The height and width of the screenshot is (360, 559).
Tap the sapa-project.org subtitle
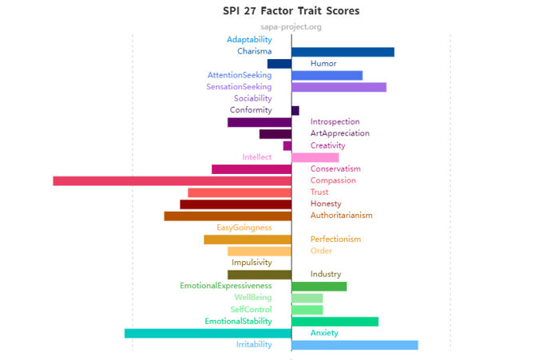click(x=291, y=27)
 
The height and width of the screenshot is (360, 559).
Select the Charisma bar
click(x=343, y=52)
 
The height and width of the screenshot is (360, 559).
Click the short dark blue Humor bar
click(x=279, y=64)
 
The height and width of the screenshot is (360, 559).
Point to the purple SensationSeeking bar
click(x=339, y=87)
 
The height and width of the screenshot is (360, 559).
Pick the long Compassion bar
click(x=172, y=180)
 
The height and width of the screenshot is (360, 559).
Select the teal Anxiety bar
click(x=208, y=333)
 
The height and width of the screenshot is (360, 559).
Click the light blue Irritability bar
click(x=355, y=345)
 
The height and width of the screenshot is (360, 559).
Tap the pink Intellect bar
click(x=315, y=157)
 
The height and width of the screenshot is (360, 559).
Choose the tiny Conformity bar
click(x=295, y=110)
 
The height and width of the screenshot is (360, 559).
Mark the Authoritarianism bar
click(x=228, y=216)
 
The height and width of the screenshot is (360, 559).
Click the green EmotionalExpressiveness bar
click(x=319, y=287)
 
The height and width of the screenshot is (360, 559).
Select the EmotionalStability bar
click(x=335, y=322)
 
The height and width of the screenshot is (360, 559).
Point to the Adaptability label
click(x=249, y=40)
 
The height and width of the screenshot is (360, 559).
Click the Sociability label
click(x=252, y=98)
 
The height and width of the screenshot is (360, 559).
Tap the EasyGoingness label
click(x=244, y=227)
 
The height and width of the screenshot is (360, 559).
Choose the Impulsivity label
click(x=252, y=263)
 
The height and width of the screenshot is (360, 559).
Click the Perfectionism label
click(x=335, y=239)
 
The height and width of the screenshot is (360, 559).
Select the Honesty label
click(x=326, y=204)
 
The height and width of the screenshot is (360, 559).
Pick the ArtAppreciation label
click(x=340, y=133)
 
